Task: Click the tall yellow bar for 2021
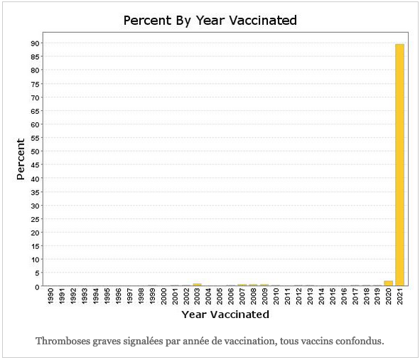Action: [x=399, y=165]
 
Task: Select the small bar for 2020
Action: [x=389, y=283]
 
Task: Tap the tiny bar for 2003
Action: [x=197, y=285]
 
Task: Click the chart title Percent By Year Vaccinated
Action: [x=210, y=21]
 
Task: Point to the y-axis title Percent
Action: [x=21, y=159]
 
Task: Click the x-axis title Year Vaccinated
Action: [x=225, y=314]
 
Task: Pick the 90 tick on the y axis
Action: [x=35, y=43]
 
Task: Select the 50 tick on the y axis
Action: [x=35, y=152]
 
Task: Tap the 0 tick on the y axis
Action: [x=37, y=287]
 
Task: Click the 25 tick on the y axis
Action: [x=35, y=219]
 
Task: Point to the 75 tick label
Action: [x=35, y=84]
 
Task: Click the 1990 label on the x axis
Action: [x=50, y=297]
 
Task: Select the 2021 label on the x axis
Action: [x=400, y=297]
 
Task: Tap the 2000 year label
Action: [x=163, y=297]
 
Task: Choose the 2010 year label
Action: [x=276, y=297]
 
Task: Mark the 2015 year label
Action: [x=332, y=297]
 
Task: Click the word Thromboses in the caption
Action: [x=63, y=341]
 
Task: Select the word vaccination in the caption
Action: [x=249, y=341]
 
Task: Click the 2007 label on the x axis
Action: [x=242, y=297]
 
